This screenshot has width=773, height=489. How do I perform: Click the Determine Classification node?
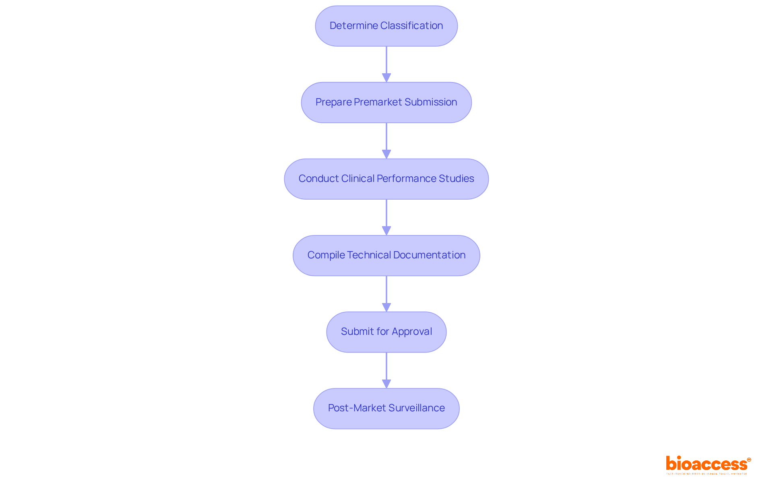point(386,26)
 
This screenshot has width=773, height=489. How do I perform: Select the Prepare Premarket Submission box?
point(386,103)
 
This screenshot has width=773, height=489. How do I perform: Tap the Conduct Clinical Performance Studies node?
point(386,179)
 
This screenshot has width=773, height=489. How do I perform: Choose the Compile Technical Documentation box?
point(386,256)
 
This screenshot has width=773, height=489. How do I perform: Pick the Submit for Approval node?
point(386,332)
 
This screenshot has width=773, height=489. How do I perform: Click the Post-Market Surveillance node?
point(386,409)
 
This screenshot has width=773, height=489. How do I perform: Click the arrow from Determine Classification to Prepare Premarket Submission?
point(386,64)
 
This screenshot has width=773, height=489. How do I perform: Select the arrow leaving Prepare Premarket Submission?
point(386,140)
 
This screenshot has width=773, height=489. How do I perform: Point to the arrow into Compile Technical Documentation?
point(386,217)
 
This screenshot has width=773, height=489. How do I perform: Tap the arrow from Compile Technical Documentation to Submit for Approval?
point(386,293)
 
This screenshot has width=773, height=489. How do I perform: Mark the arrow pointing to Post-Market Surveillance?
point(386,370)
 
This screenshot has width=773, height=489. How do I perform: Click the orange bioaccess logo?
point(708,464)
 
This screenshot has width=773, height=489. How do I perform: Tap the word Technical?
point(369,255)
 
